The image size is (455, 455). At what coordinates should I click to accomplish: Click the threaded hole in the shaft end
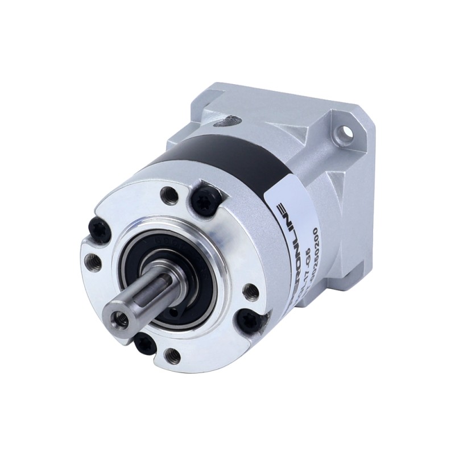[122, 320]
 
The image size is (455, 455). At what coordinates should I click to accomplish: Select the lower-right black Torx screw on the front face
[249, 320]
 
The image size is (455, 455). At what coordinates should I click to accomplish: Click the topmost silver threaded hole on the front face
[169, 196]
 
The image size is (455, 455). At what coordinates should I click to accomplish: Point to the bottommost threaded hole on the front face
[171, 356]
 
